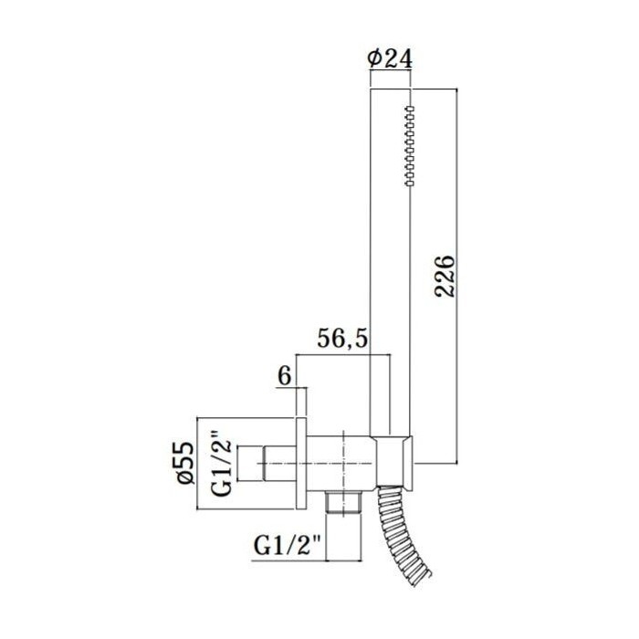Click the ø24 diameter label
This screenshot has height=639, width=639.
click(390, 58)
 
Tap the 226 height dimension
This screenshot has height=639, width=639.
click(445, 277)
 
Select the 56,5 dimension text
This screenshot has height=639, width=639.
click(342, 339)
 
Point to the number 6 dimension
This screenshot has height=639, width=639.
click(285, 376)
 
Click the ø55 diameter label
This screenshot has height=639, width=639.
click(186, 462)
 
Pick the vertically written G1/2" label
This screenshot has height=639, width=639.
click(223, 467)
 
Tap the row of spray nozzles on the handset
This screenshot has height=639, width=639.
click(410, 146)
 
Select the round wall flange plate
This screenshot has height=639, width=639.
click(300, 464)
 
